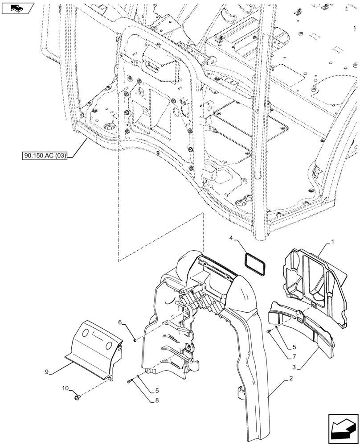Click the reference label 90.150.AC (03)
point(44,156)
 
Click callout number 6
point(120,322)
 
